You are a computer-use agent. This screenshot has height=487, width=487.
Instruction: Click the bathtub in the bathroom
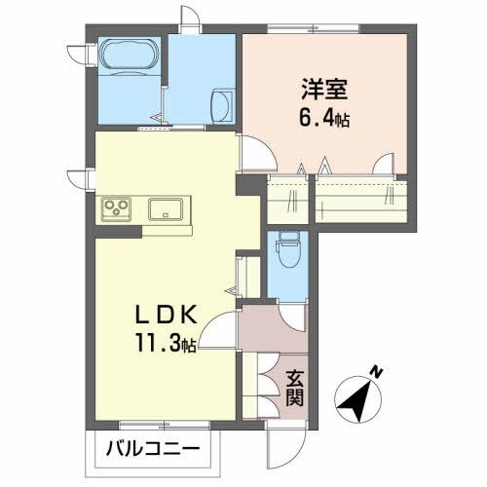tap(128, 56)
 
